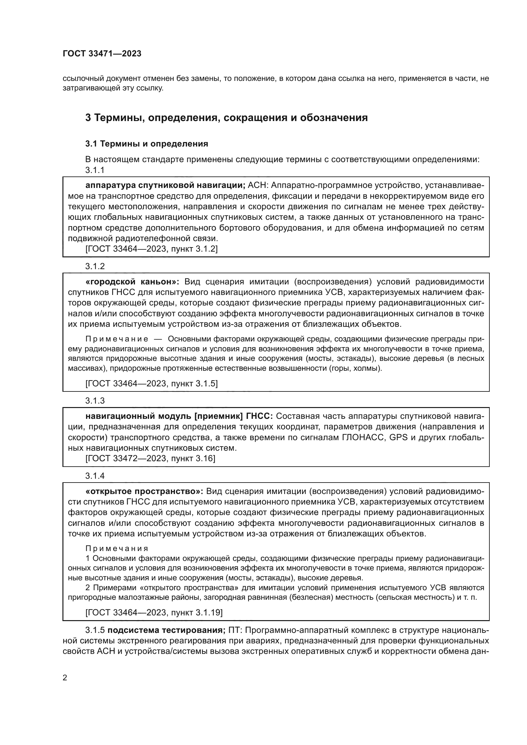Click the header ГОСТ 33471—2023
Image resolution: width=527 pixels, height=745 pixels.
point(102,54)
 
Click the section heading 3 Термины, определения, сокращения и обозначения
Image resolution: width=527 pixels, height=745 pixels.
point(226,118)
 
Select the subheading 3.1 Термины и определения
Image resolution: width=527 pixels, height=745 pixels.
point(146,144)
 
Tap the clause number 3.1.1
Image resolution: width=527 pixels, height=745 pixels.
point(95,170)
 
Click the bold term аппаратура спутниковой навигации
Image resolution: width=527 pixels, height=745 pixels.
point(165,185)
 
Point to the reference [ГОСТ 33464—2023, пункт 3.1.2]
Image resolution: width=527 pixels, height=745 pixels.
point(151,249)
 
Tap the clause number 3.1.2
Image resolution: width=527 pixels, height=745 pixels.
point(95,266)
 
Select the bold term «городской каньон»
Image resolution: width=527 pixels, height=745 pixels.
point(135,282)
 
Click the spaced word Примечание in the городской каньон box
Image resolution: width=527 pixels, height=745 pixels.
point(117,339)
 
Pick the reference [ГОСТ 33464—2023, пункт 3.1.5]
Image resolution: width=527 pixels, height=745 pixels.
point(151,383)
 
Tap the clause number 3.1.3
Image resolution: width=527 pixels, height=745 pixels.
point(95,401)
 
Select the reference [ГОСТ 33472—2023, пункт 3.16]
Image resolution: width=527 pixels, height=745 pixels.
point(150,458)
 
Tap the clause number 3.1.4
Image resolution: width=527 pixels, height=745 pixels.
point(95,476)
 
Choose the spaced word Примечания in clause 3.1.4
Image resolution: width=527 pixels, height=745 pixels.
point(117,549)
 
